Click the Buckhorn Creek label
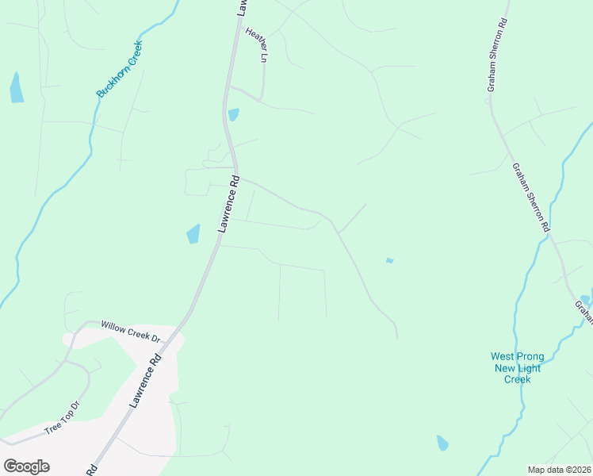pos(119,70)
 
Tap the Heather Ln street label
pos(258,45)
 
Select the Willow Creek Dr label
pos(131,332)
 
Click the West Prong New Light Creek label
pos(517,368)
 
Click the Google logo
pos(26,466)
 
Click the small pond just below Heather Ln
pos(233,115)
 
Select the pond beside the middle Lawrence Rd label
pos(193,234)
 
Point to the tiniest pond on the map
pos(389,260)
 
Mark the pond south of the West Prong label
pos(442,443)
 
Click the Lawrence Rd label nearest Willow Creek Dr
pos(146,381)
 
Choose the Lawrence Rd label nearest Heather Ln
pos(228,204)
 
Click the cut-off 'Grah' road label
pos(584,312)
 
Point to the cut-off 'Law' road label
pos(242,7)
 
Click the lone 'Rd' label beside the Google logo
pos(92,470)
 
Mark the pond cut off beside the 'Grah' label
pos(586,300)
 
